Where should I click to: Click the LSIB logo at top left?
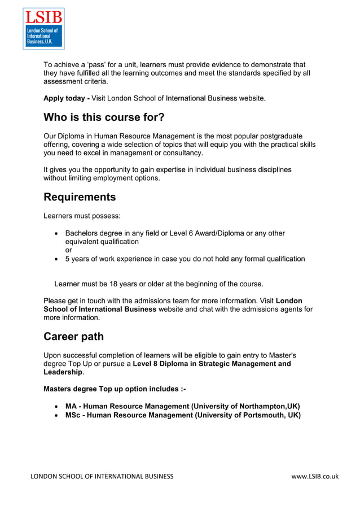pos(43,28)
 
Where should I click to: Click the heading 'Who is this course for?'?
pos(104,117)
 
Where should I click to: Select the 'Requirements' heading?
pos(80,197)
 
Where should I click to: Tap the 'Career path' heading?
pos(73,337)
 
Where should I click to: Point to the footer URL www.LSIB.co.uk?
pos(315,476)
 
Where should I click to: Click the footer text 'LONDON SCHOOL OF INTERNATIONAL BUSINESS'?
pos(102,476)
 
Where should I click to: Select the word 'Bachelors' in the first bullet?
pos(83,233)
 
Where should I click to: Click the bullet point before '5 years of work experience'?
pos(56,259)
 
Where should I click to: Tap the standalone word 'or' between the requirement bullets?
pos(69,250)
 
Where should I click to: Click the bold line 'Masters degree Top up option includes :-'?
pos(115,389)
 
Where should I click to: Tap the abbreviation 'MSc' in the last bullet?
pos(73,415)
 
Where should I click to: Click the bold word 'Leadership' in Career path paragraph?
pos(63,372)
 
